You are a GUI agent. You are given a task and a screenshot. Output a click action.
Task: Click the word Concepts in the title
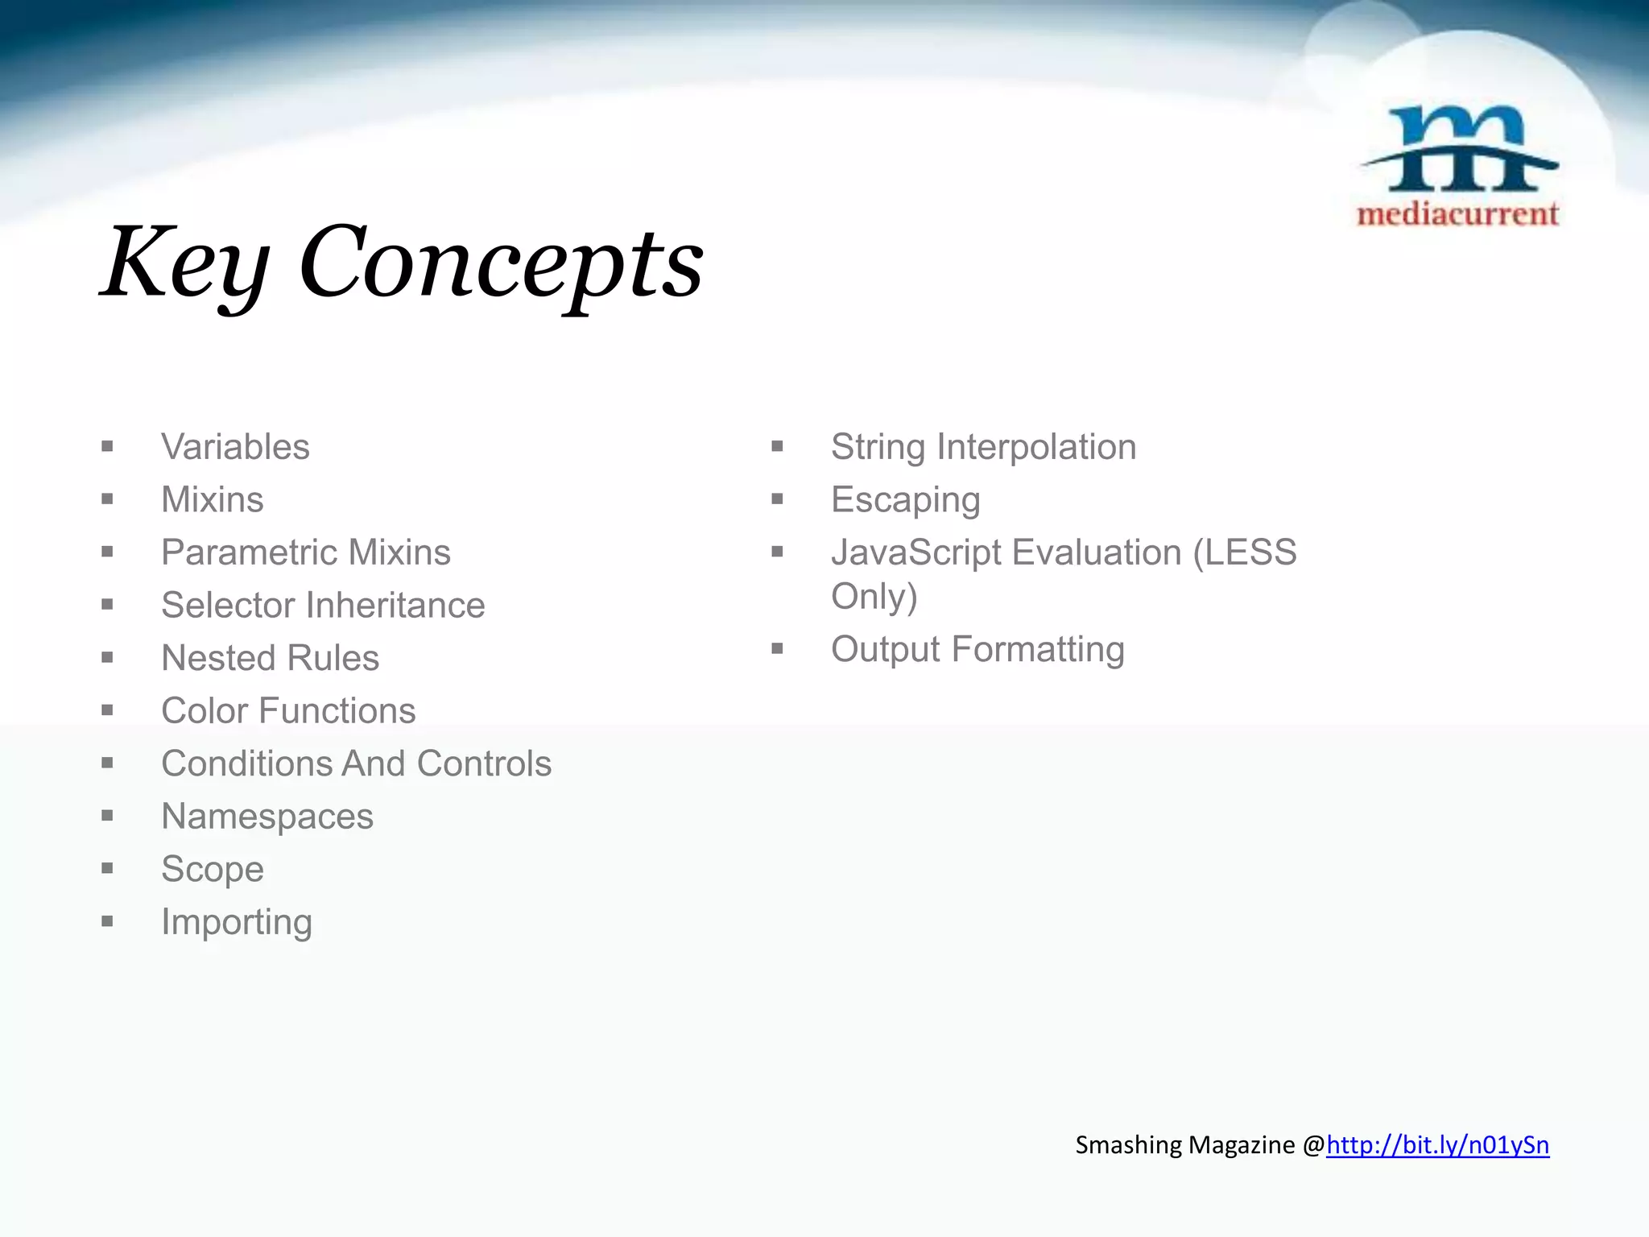click(501, 263)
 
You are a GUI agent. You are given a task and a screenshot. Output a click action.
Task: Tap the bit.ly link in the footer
click(1437, 1144)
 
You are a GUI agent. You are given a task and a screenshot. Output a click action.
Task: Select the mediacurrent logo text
click(1457, 214)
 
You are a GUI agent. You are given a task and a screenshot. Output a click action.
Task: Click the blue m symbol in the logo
click(1459, 150)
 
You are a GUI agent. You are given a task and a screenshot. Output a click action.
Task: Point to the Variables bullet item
click(235, 447)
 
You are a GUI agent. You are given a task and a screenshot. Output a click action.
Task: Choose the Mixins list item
click(213, 500)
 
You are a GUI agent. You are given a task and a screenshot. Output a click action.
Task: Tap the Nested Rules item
click(270, 658)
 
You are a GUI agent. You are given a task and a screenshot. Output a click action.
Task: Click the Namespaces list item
click(267, 817)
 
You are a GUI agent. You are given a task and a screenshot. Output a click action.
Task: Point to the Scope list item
click(213, 869)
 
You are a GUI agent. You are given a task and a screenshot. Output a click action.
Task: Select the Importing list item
click(237, 922)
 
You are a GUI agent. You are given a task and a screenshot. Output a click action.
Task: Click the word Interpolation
click(1036, 447)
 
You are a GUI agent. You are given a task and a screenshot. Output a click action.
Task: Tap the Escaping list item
click(906, 500)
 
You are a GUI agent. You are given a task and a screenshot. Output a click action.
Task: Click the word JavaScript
click(915, 552)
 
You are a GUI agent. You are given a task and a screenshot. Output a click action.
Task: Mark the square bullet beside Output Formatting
click(777, 649)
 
